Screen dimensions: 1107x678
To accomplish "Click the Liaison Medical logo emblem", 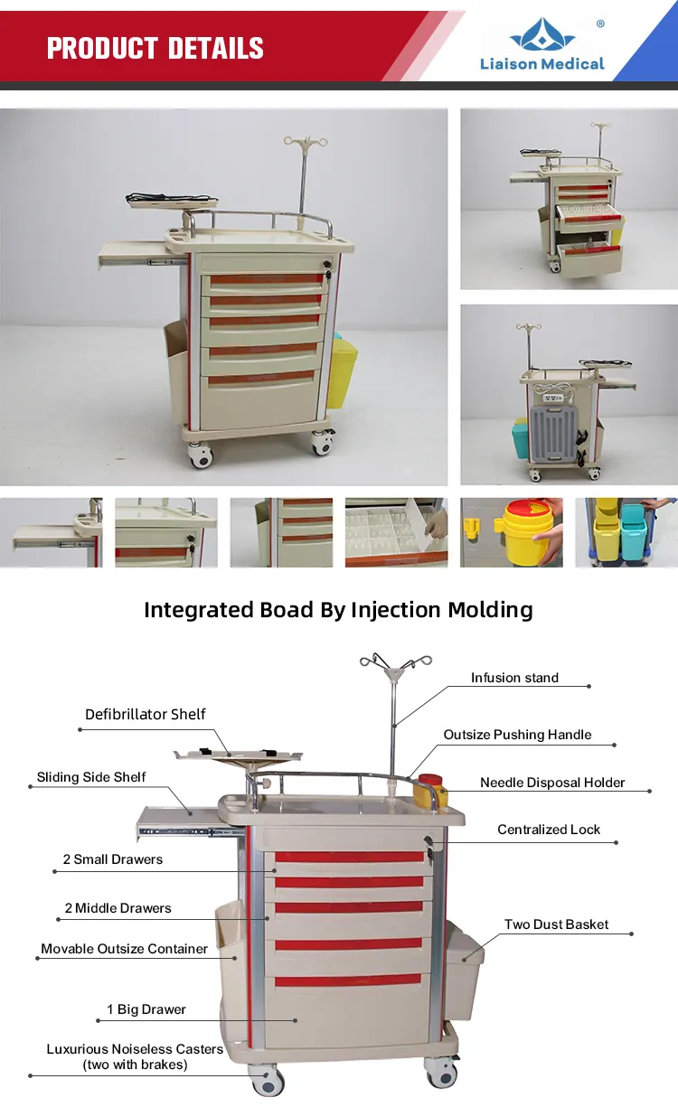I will point(541,35).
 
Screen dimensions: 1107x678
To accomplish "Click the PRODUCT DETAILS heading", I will point(155,48).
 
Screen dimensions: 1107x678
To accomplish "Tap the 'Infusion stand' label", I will point(514,678).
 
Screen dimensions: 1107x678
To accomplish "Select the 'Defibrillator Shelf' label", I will point(146,714).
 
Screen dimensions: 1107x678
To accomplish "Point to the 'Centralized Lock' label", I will point(549,830).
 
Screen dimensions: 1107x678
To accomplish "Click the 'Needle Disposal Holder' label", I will point(552,783).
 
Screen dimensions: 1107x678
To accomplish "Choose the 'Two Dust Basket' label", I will point(556,924).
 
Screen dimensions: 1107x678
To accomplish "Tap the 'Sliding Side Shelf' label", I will point(91,777).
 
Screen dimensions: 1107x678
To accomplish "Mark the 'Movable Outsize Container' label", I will point(124,949).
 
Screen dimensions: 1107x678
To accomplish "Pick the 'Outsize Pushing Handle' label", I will point(517,735).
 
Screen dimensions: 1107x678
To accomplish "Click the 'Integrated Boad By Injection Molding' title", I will point(338,610).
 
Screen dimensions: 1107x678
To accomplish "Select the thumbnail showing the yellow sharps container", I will point(512,532).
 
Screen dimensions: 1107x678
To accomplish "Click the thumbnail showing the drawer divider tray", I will point(396,532).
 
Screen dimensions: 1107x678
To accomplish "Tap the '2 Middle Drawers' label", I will point(118,908).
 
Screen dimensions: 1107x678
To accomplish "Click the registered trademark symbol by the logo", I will point(600,24).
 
